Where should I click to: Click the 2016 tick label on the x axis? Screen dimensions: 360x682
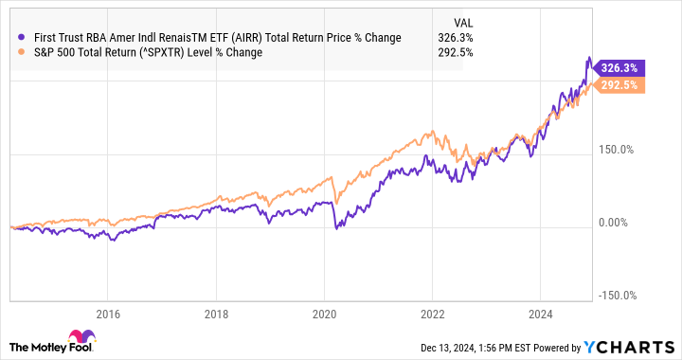coord(108,315)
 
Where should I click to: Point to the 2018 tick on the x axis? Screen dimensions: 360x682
coord(216,315)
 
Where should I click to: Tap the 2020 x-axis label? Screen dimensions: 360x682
coord(324,315)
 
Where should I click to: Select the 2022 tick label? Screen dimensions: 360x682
coord(432,315)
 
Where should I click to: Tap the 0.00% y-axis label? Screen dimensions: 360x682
coord(617,223)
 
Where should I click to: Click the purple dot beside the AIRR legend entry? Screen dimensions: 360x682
coord(21,38)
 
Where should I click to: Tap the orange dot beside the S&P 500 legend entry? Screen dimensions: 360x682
coord(21,52)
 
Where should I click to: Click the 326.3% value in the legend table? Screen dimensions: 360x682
coord(456,38)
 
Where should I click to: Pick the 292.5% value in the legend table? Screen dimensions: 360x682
coord(456,52)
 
